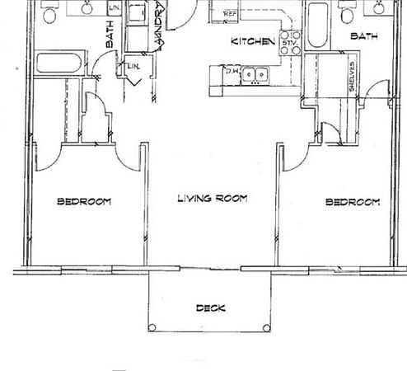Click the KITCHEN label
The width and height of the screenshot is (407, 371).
(x=251, y=40)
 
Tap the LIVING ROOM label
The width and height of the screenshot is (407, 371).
(x=213, y=199)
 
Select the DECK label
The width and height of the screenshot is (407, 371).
(x=211, y=308)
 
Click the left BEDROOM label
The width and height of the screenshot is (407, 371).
(x=84, y=201)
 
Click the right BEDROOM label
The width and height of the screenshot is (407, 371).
(x=353, y=202)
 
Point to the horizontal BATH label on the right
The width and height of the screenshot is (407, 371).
(x=364, y=36)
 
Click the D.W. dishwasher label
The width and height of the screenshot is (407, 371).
(x=234, y=72)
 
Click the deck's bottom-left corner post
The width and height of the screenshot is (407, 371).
(x=151, y=328)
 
